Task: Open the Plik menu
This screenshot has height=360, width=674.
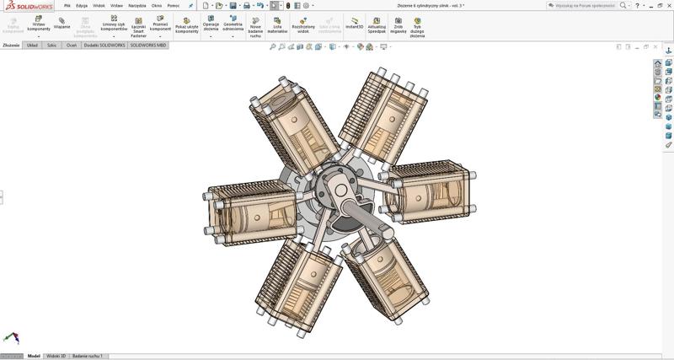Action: point(67,5)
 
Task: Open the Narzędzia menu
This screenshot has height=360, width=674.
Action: point(136,5)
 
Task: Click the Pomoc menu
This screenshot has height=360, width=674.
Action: point(174,5)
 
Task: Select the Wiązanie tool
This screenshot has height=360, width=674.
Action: point(62,23)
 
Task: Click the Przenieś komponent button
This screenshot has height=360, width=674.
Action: point(160,23)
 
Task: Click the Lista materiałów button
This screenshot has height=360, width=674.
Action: point(277,24)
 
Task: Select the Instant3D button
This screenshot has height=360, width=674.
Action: point(354,23)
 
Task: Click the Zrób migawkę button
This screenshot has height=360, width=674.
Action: point(399,24)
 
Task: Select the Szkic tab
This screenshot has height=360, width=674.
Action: point(51,45)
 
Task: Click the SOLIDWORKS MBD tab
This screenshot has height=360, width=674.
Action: point(148,45)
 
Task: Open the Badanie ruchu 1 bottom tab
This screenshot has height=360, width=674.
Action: point(88,356)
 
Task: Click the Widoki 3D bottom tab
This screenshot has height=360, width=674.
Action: point(56,356)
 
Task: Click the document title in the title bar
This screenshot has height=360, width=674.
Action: point(431,5)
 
